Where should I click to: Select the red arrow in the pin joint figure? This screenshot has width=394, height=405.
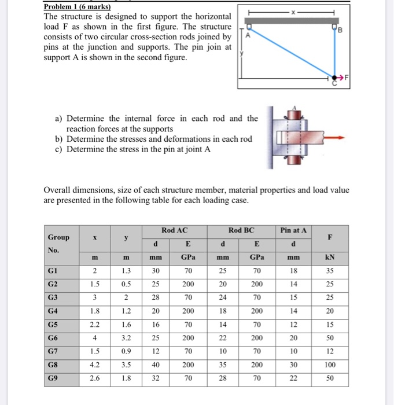click(333, 138)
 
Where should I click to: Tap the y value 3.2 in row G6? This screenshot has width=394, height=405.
click(126, 337)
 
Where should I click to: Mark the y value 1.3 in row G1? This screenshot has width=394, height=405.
click(126, 269)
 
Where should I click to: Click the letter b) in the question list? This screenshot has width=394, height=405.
click(59, 139)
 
